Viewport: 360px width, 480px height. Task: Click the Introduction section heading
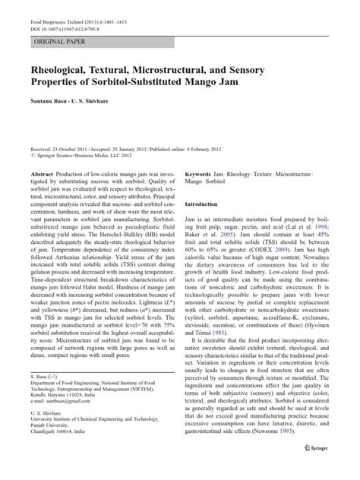tap(207, 204)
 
